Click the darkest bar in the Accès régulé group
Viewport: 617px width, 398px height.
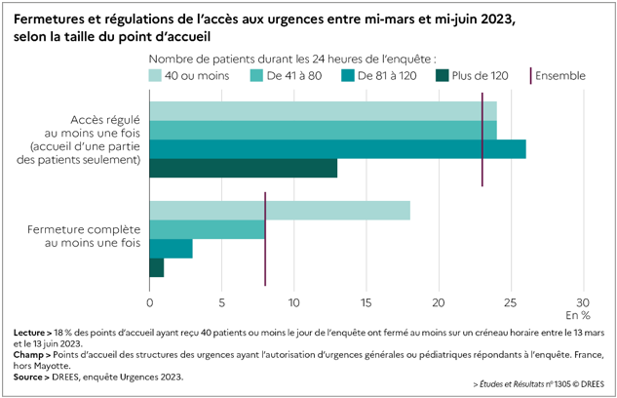point(243,169)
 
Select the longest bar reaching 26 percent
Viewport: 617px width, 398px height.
point(337,149)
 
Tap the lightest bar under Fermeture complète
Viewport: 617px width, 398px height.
point(279,211)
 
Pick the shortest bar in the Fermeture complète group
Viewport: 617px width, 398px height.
point(156,267)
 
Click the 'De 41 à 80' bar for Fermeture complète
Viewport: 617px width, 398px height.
point(207,229)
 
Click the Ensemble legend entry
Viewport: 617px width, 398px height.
point(559,75)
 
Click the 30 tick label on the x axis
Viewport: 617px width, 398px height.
point(583,301)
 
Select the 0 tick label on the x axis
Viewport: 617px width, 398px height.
point(149,301)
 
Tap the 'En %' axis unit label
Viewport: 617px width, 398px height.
point(578,315)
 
